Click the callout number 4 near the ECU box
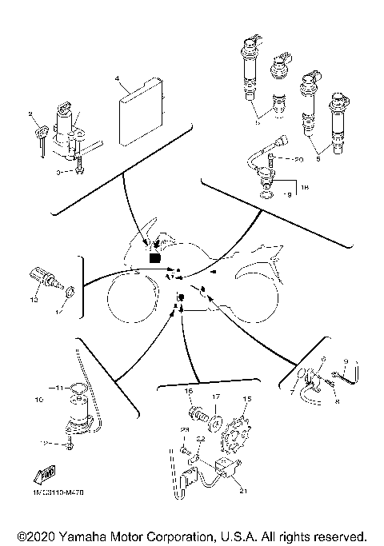117,80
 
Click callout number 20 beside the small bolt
300,160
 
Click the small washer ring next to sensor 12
70,292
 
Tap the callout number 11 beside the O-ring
58,387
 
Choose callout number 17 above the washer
215,395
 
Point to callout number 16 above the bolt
189,391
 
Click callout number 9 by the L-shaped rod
345,361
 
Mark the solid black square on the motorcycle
155,257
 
